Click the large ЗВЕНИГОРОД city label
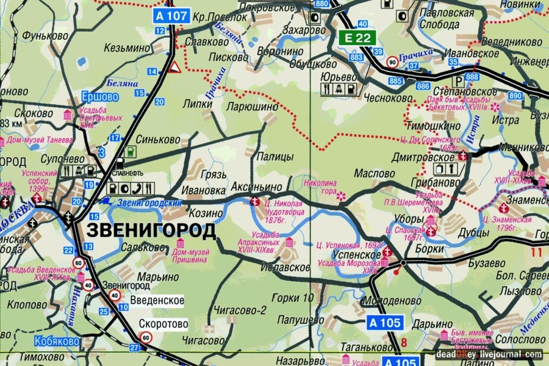[151, 231]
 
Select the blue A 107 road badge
[171, 16]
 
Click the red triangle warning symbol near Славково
[174, 66]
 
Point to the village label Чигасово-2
[240, 310]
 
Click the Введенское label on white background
[157, 300]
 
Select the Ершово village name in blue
[99, 97]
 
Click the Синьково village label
[158, 139]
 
